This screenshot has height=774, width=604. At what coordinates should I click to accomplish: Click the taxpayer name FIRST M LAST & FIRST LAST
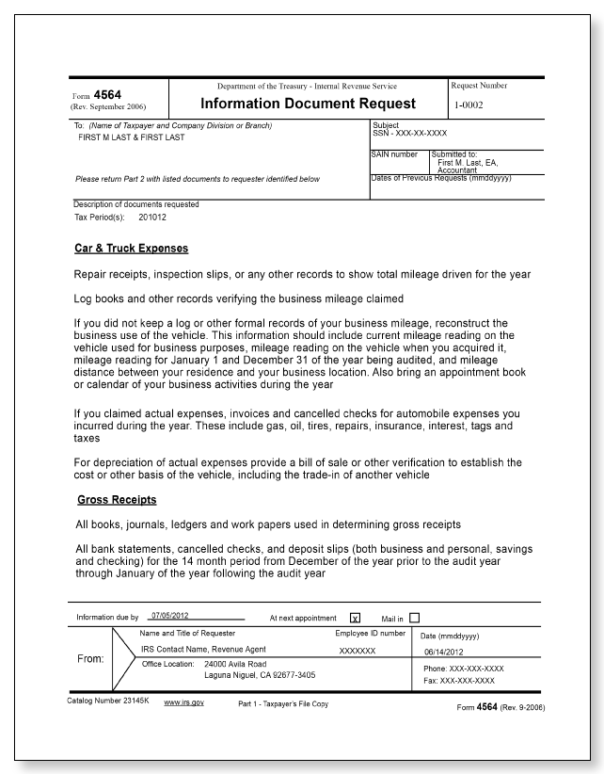click(x=132, y=137)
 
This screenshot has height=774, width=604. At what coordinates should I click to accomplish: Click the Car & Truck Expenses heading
click(x=132, y=250)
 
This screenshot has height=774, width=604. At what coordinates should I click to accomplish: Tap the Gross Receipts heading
click(x=116, y=499)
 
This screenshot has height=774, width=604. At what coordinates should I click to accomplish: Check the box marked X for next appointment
click(x=356, y=618)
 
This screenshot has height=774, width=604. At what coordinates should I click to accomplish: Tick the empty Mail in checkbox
click(x=414, y=617)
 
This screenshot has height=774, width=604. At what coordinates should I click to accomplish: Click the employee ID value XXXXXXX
click(x=358, y=651)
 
